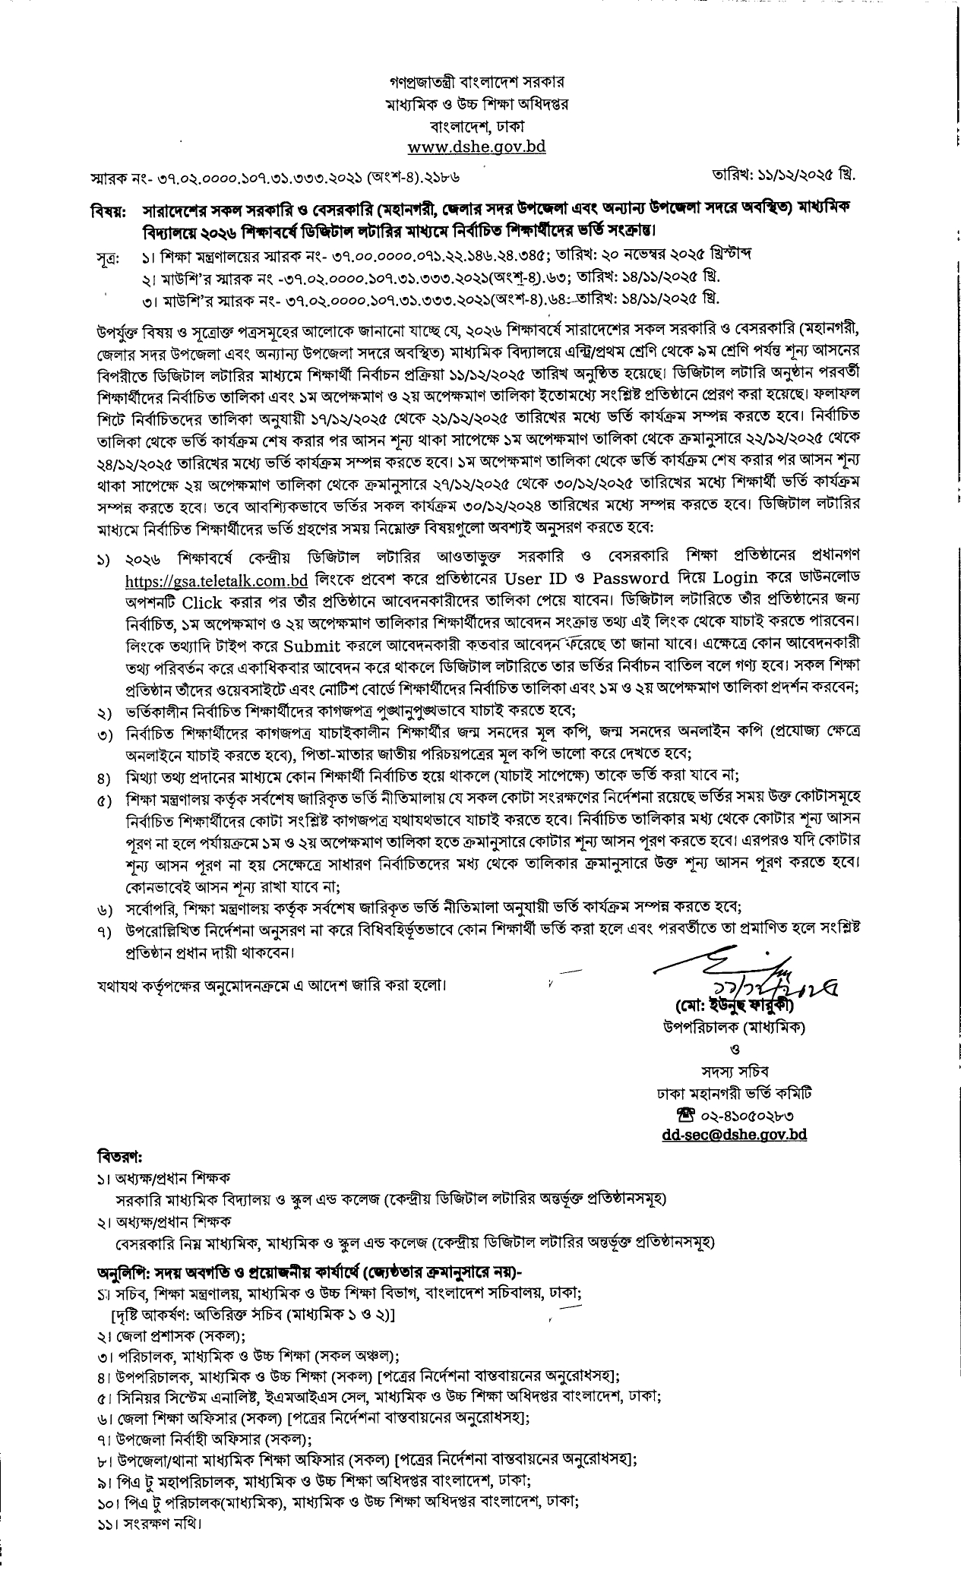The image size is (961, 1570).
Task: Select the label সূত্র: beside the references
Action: click(x=108, y=255)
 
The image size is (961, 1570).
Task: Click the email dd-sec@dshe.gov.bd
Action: click(x=733, y=1136)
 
